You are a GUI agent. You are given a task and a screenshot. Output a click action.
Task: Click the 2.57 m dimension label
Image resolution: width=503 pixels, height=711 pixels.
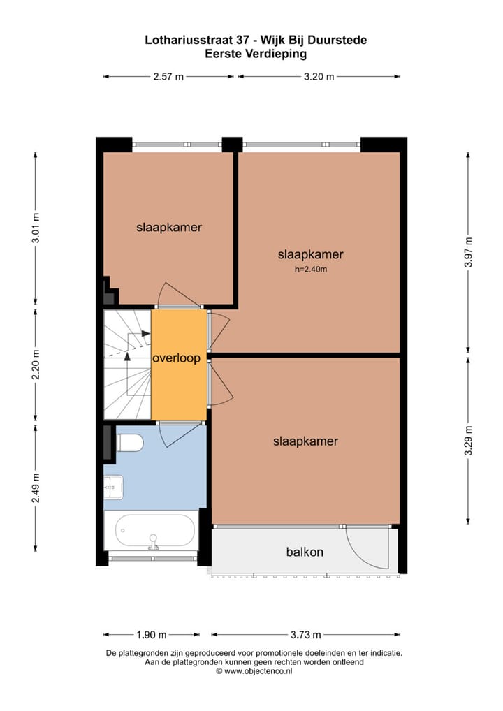(168, 77)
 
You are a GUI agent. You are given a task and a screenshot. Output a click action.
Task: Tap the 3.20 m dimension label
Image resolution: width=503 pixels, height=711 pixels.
(319, 77)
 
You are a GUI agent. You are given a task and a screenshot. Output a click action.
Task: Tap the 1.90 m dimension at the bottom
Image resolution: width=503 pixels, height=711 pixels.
(152, 635)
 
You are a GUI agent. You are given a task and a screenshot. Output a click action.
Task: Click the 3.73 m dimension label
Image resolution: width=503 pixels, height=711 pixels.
(305, 635)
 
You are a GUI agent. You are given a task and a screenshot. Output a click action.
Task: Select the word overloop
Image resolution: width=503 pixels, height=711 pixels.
(177, 358)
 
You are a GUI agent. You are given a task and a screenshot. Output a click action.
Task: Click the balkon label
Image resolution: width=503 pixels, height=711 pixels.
(305, 552)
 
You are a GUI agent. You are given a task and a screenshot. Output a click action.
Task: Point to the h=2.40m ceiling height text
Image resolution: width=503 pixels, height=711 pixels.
(311, 269)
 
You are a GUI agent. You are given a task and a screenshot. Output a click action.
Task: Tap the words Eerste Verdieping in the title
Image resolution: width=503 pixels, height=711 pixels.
(255, 53)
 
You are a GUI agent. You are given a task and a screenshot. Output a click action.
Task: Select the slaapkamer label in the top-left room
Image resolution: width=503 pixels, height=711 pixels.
(168, 227)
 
